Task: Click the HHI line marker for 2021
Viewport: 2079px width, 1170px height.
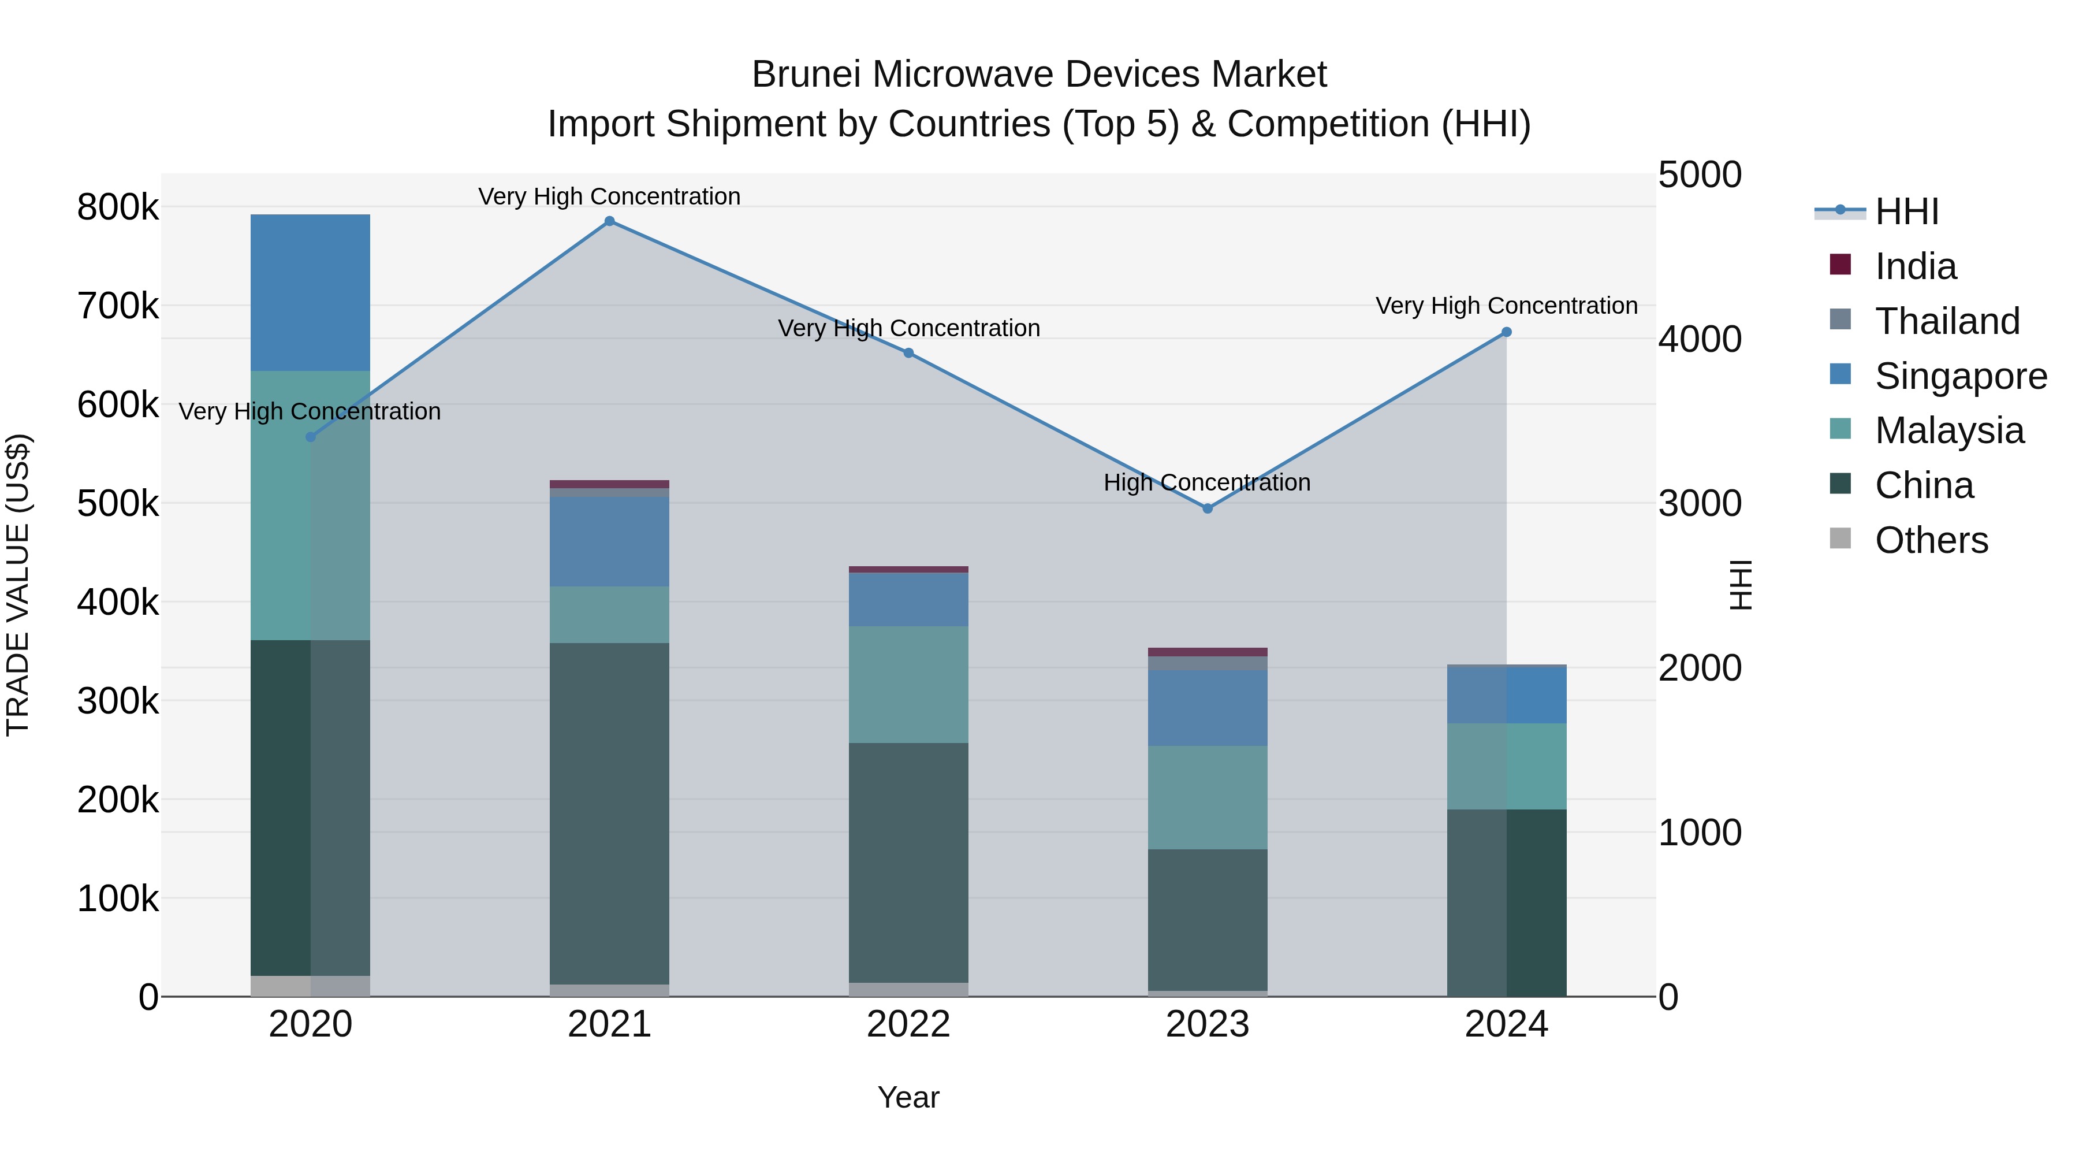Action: click(x=609, y=221)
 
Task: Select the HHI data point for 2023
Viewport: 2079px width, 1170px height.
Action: click(x=1208, y=508)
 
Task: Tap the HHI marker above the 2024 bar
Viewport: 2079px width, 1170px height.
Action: click(x=1506, y=332)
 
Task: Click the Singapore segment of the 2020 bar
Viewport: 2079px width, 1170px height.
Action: click(x=310, y=292)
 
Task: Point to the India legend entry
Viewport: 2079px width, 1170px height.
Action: click(x=1914, y=266)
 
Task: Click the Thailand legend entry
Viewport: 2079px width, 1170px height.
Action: click(x=1946, y=321)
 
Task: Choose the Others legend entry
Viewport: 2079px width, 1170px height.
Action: click(x=1931, y=540)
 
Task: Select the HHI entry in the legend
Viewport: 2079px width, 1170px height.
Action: click(x=1906, y=211)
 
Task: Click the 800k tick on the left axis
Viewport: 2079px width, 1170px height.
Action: click(x=118, y=207)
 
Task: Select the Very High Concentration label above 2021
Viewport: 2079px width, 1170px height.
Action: click(x=609, y=196)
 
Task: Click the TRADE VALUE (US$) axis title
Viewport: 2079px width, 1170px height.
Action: click(x=18, y=585)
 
